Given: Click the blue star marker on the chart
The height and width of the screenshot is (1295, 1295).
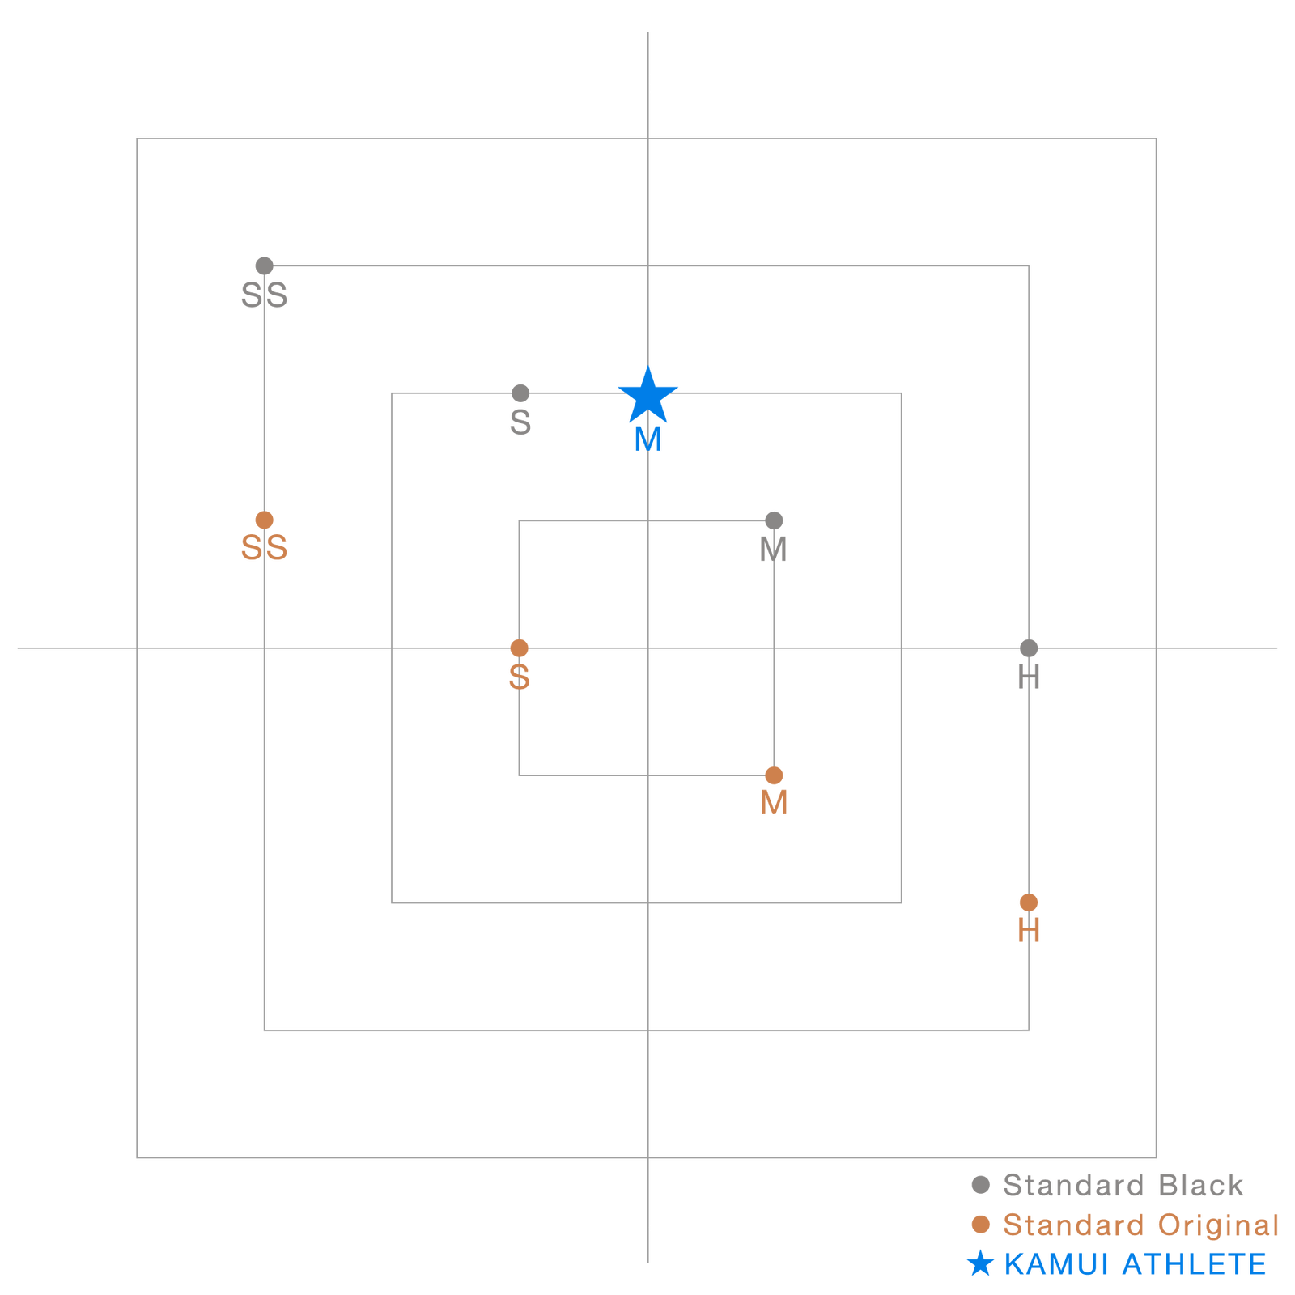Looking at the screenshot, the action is (647, 396).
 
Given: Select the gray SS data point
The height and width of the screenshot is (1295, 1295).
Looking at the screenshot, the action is (264, 265).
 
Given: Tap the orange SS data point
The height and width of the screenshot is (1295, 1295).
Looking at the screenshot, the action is (264, 520).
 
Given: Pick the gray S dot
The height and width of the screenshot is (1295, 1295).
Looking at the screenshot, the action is (520, 393).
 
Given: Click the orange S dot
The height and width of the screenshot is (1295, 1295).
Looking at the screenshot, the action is (519, 648).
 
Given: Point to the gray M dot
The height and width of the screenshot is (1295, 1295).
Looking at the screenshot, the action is (774, 520).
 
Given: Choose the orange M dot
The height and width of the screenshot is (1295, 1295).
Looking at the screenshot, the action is (774, 775).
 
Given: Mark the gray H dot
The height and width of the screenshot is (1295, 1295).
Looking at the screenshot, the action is (1029, 648).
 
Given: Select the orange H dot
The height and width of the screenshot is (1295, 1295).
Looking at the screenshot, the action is (1029, 902).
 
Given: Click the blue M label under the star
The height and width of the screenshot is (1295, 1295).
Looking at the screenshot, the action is (648, 439).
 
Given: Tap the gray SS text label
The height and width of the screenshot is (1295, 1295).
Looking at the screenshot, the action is (265, 295).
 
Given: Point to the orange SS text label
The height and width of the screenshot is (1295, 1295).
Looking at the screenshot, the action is (265, 549).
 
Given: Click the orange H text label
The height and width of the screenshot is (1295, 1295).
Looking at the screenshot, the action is (1029, 932).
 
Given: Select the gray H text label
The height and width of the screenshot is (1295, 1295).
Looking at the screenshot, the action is (1029, 677).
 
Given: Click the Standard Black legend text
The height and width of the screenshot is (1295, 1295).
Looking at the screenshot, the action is (1123, 1186).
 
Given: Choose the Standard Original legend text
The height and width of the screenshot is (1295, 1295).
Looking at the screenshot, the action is (1141, 1225).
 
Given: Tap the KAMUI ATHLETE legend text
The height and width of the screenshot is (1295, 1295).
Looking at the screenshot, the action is (1135, 1264).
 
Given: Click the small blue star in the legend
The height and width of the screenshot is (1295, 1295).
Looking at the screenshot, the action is (980, 1263).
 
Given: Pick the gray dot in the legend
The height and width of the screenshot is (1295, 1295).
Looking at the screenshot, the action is (981, 1185).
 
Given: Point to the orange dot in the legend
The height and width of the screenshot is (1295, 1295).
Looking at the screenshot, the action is (981, 1225).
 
